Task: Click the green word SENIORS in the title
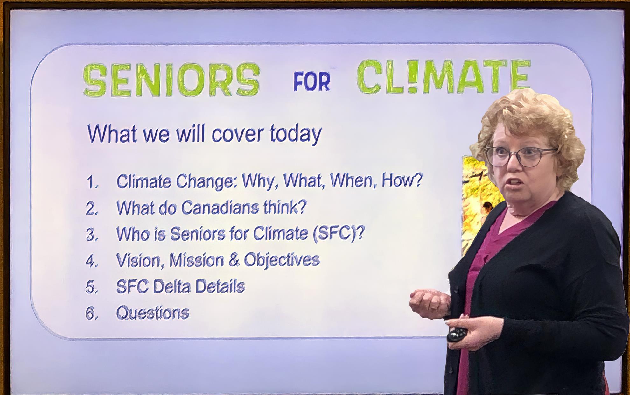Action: click(x=171, y=80)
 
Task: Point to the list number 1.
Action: click(x=92, y=182)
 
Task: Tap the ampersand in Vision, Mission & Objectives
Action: click(x=234, y=260)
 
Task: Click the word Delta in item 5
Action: click(x=172, y=286)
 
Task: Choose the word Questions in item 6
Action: click(x=153, y=313)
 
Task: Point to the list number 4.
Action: click(x=92, y=261)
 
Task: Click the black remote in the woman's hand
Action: click(x=457, y=334)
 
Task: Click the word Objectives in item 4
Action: click(x=282, y=260)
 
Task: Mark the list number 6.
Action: click(x=92, y=314)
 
